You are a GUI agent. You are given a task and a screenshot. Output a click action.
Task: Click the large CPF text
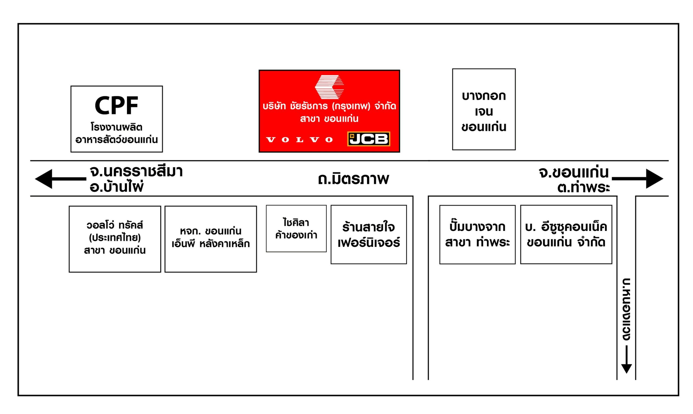[x=116, y=105]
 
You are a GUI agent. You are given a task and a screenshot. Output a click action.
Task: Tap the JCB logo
[x=368, y=139]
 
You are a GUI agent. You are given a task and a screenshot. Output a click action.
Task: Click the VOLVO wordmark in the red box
[x=300, y=140]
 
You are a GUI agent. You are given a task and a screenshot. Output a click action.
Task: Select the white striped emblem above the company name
[x=329, y=87]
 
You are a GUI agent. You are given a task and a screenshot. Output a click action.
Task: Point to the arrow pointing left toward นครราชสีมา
[x=61, y=179]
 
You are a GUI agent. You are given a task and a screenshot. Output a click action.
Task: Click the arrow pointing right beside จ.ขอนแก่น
[x=638, y=179]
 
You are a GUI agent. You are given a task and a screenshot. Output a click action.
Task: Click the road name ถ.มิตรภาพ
[x=353, y=179]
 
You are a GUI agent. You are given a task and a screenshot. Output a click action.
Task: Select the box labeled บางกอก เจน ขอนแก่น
[x=484, y=109]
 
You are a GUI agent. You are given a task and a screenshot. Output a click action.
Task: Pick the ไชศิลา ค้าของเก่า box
[x=296, y=229]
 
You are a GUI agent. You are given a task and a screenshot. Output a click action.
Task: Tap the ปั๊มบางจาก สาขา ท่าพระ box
[x=478, y=235]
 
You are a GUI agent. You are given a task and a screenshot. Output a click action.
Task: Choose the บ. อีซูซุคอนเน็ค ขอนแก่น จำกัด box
[x=566, y=235]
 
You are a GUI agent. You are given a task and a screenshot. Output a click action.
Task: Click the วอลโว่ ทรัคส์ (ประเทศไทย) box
[x=115, y=239]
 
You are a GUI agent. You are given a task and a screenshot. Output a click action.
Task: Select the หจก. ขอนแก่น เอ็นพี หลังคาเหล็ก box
[x=211, y=239]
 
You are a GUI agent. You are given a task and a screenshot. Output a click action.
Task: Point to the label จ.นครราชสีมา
[x=136, y=171]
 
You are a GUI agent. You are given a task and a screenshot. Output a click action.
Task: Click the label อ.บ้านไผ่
[x=117, y=186]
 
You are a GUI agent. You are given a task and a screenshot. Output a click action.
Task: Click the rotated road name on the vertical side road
[x=627, y=309]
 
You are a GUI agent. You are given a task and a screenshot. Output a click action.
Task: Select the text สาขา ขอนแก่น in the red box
[x=329, y=119]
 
